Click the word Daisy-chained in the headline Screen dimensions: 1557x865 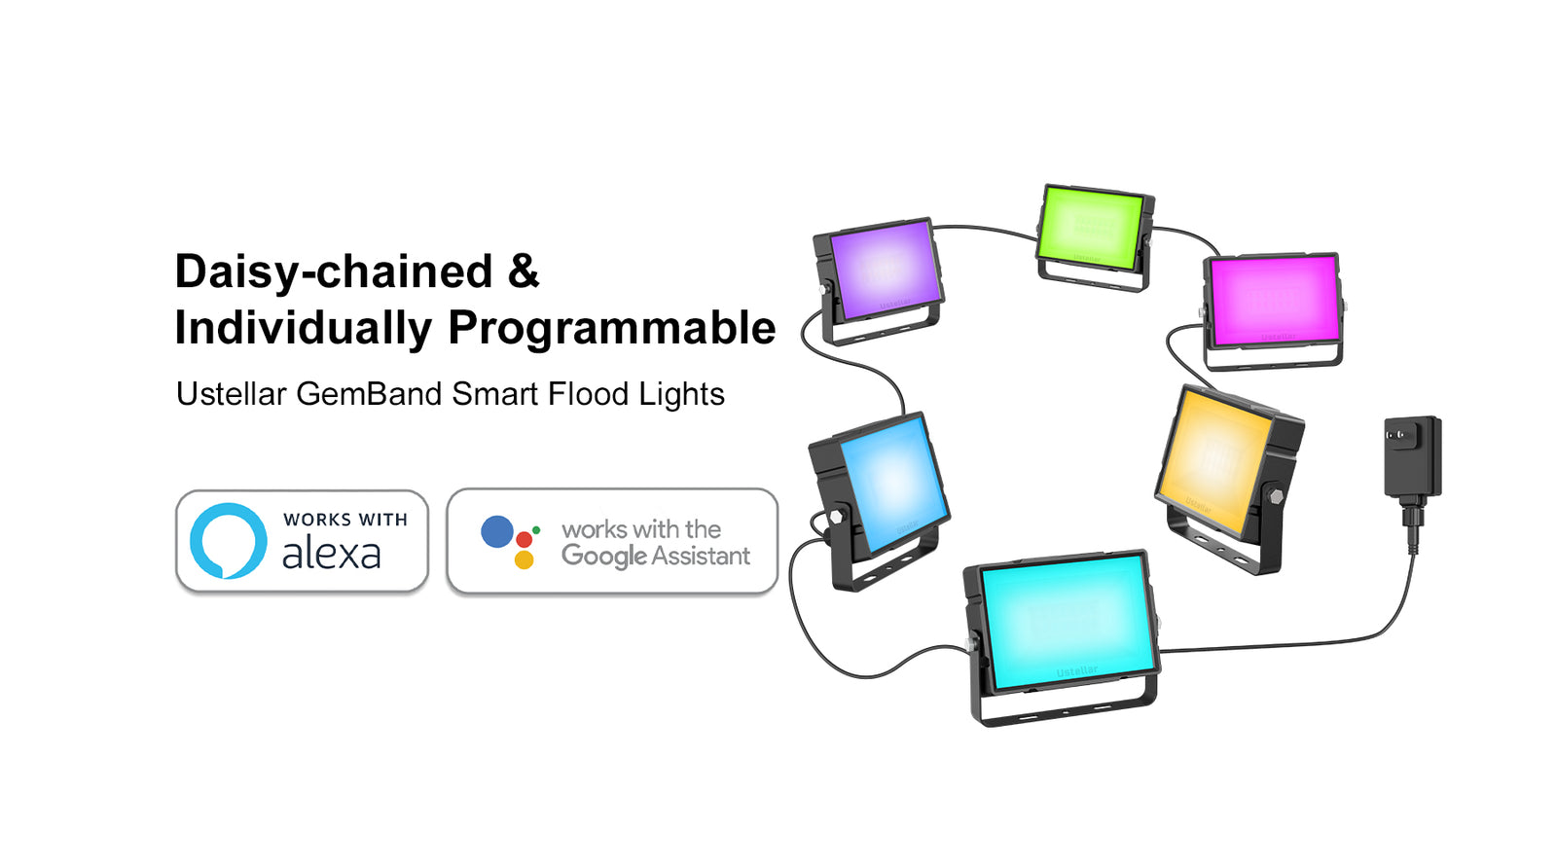[333, 270]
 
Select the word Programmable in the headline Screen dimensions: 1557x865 [612, 328]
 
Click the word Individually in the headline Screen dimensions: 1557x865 [303, 327]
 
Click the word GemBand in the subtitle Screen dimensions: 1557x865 [369, 394]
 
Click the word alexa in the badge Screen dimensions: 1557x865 [332, 554]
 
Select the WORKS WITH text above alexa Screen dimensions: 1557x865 [345, 520]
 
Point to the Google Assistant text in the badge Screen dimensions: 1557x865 [656, 556]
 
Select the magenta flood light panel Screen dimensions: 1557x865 [1274, 300]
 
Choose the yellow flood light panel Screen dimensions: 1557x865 [1213, 457]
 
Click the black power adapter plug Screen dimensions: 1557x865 [1413, 458]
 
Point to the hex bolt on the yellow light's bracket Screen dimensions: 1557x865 [1276, 497]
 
